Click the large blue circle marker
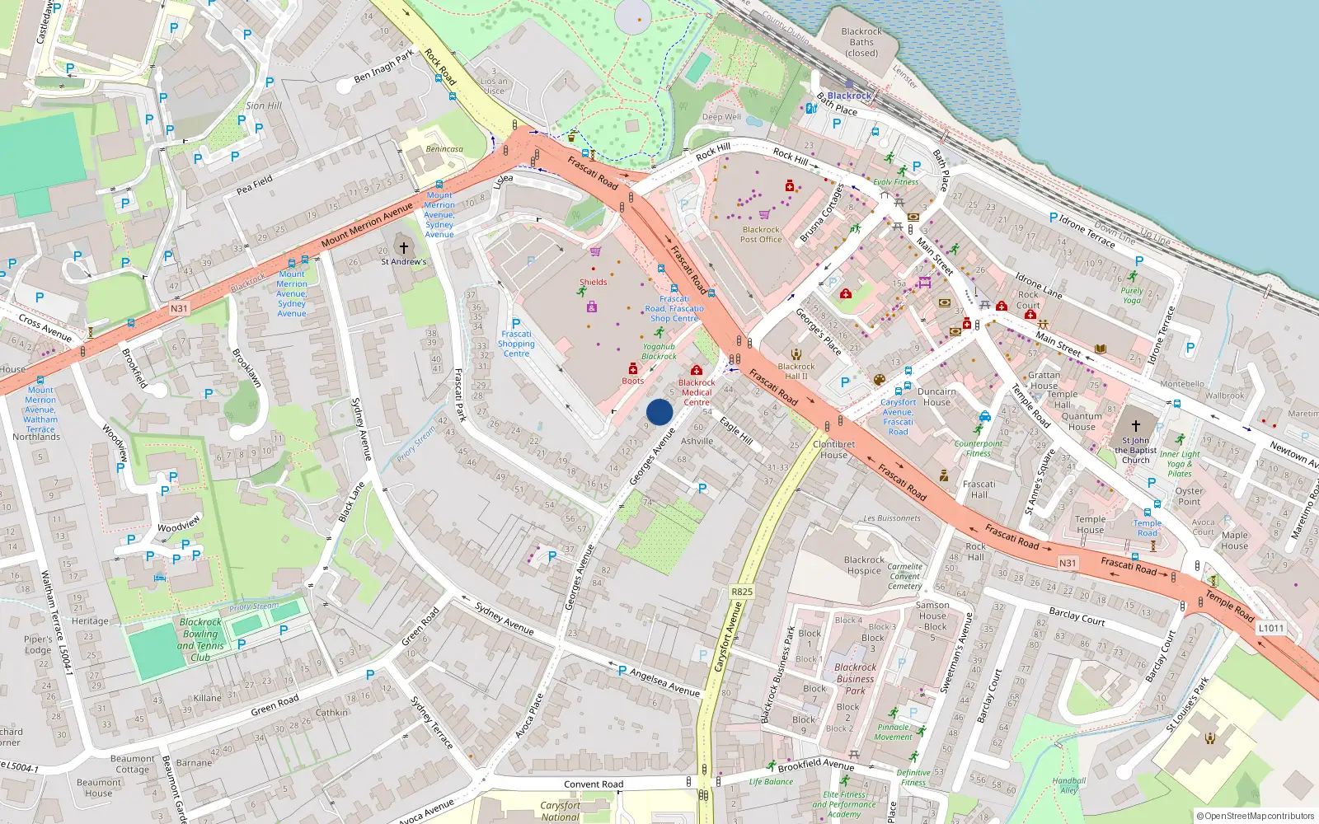pyautogui.click(x=659, y=412)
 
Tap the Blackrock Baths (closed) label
pyautogui.click(x=861, y=42)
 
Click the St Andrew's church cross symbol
pyautogui.click(x=403, y=247)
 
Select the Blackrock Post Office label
pyautogui.click(x=761, y=235)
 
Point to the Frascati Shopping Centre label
pyautogui.click(x=516, y=344)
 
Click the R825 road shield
pyautogui.click(x=742, y=592)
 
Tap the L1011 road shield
pyautogui.click(x=1270, y=628)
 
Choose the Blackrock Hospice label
pyautogui.click(x=864, y=565)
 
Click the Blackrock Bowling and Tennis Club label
pyautogui.click(x=200, y=640)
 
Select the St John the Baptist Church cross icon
pyautogui.click(x=1135, y=426)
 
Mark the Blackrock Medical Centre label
pyautogui.click(x=697, y=392)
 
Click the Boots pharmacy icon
pyautogui.click(x=633, y=368)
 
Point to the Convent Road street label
pyautogui.click(x=594, y=784)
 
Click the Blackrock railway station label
pyautogui.click(x=849, y=96)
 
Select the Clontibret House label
pyautogui.click(x=833, y=449)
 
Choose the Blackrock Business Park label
pyautogui.click(x=856, y=679)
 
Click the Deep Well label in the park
pyautogui.click(x=721, y=117)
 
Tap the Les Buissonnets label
pyautogui.click(x=892, y=518)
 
